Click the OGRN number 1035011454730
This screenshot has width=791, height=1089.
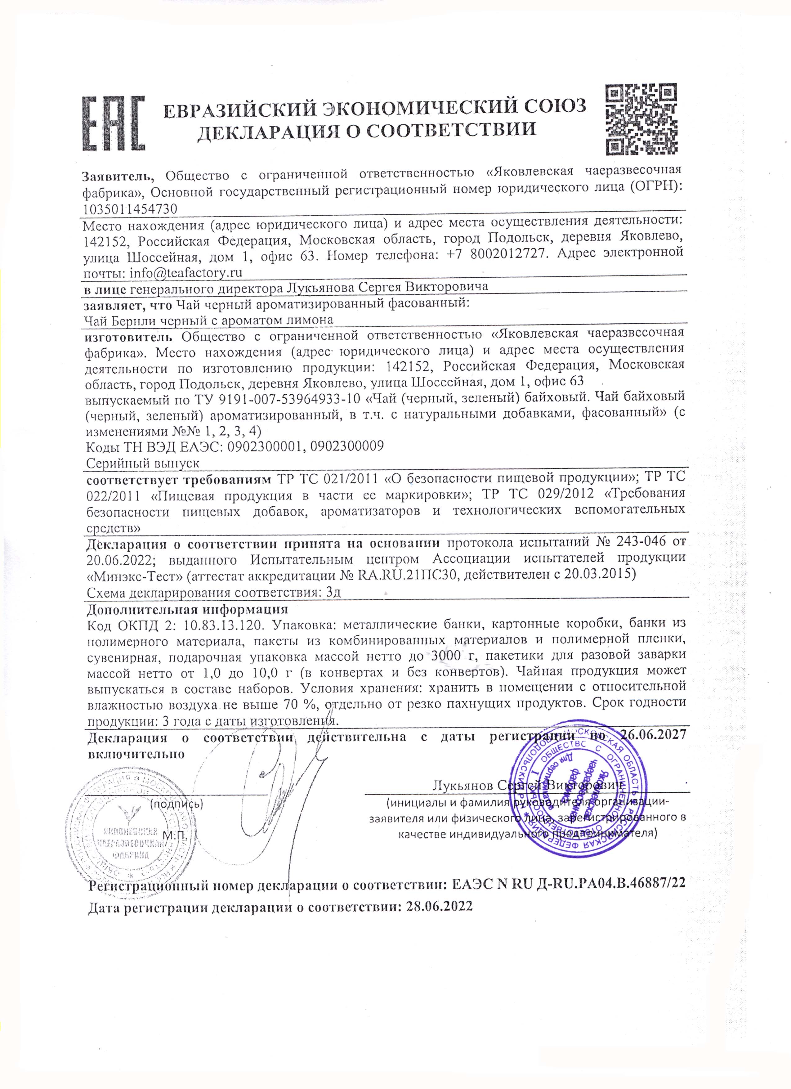pos(130,209)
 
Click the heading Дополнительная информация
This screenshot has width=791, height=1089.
pos(187,609)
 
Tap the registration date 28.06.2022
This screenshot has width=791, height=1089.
pos(439,907)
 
